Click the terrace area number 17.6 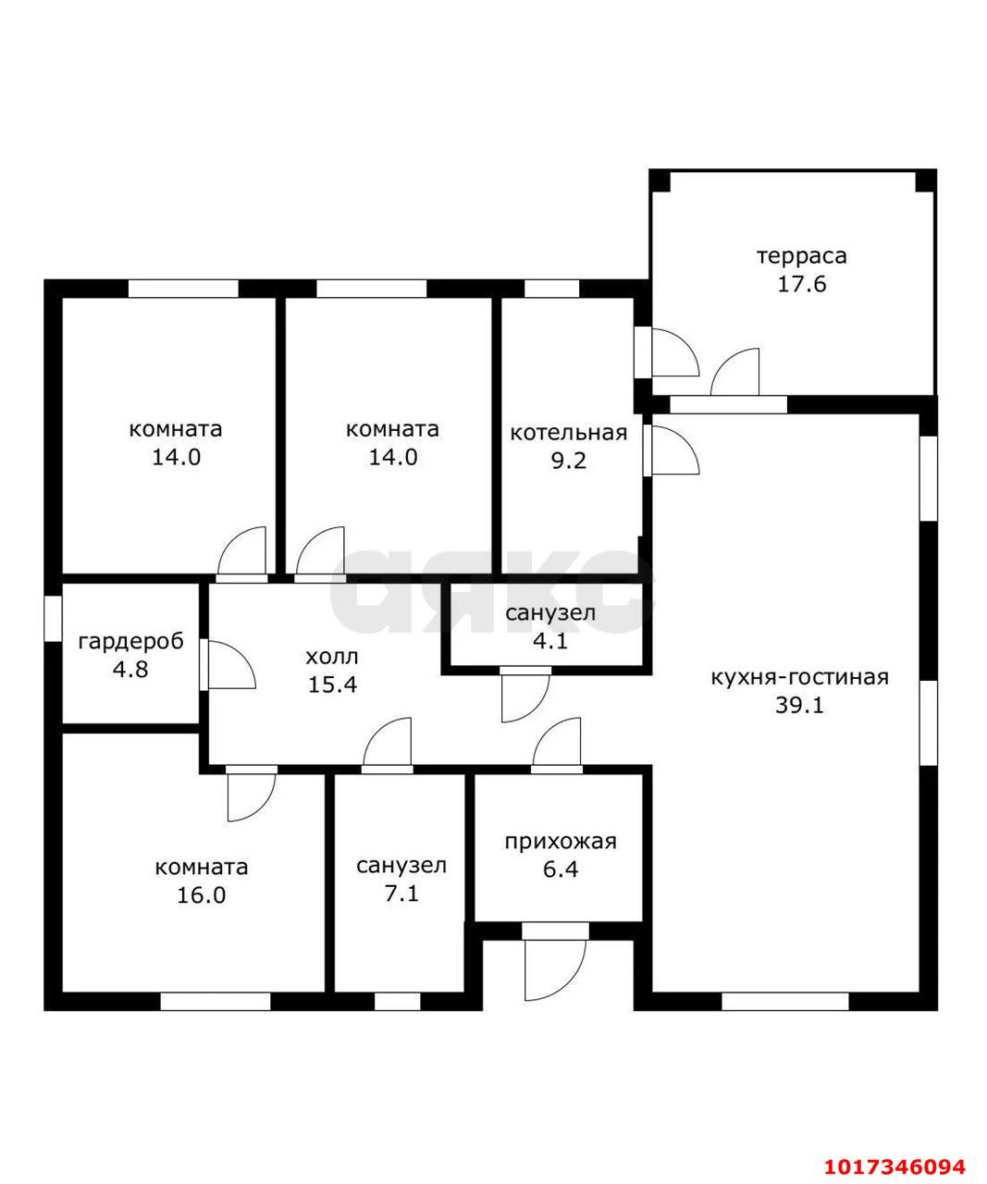coord(801,284)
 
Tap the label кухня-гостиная coord(799,677)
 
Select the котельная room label coord(568,433)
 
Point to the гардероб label coord(131,642)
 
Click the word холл coord(332,657)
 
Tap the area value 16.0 coord(202,895)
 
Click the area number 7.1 coord(401,894)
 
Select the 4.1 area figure coord(550,641)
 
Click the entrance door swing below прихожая coord(555,970)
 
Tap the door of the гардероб coord(228,665)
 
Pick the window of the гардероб coord(53,619)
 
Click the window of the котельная coord(551,289)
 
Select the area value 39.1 coord(799,706)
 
